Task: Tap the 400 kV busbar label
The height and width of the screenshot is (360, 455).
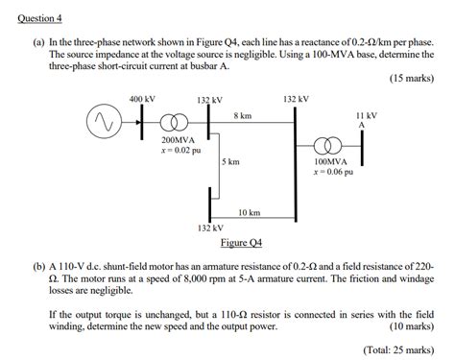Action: click(142, 99)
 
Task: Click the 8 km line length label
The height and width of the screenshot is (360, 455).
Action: click(242, 115)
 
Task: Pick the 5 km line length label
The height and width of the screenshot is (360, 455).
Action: click(230, 162)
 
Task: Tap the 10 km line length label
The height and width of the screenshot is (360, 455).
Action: click(249, 211)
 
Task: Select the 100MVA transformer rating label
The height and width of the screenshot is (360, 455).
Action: click(330, 162)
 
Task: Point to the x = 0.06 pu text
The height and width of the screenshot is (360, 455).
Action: click(331, 173)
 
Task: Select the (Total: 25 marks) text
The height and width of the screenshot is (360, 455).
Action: click(396, 348)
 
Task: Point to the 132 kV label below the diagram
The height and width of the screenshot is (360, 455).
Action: click(210, 228)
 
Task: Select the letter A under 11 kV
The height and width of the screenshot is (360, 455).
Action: click(362, 125)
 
